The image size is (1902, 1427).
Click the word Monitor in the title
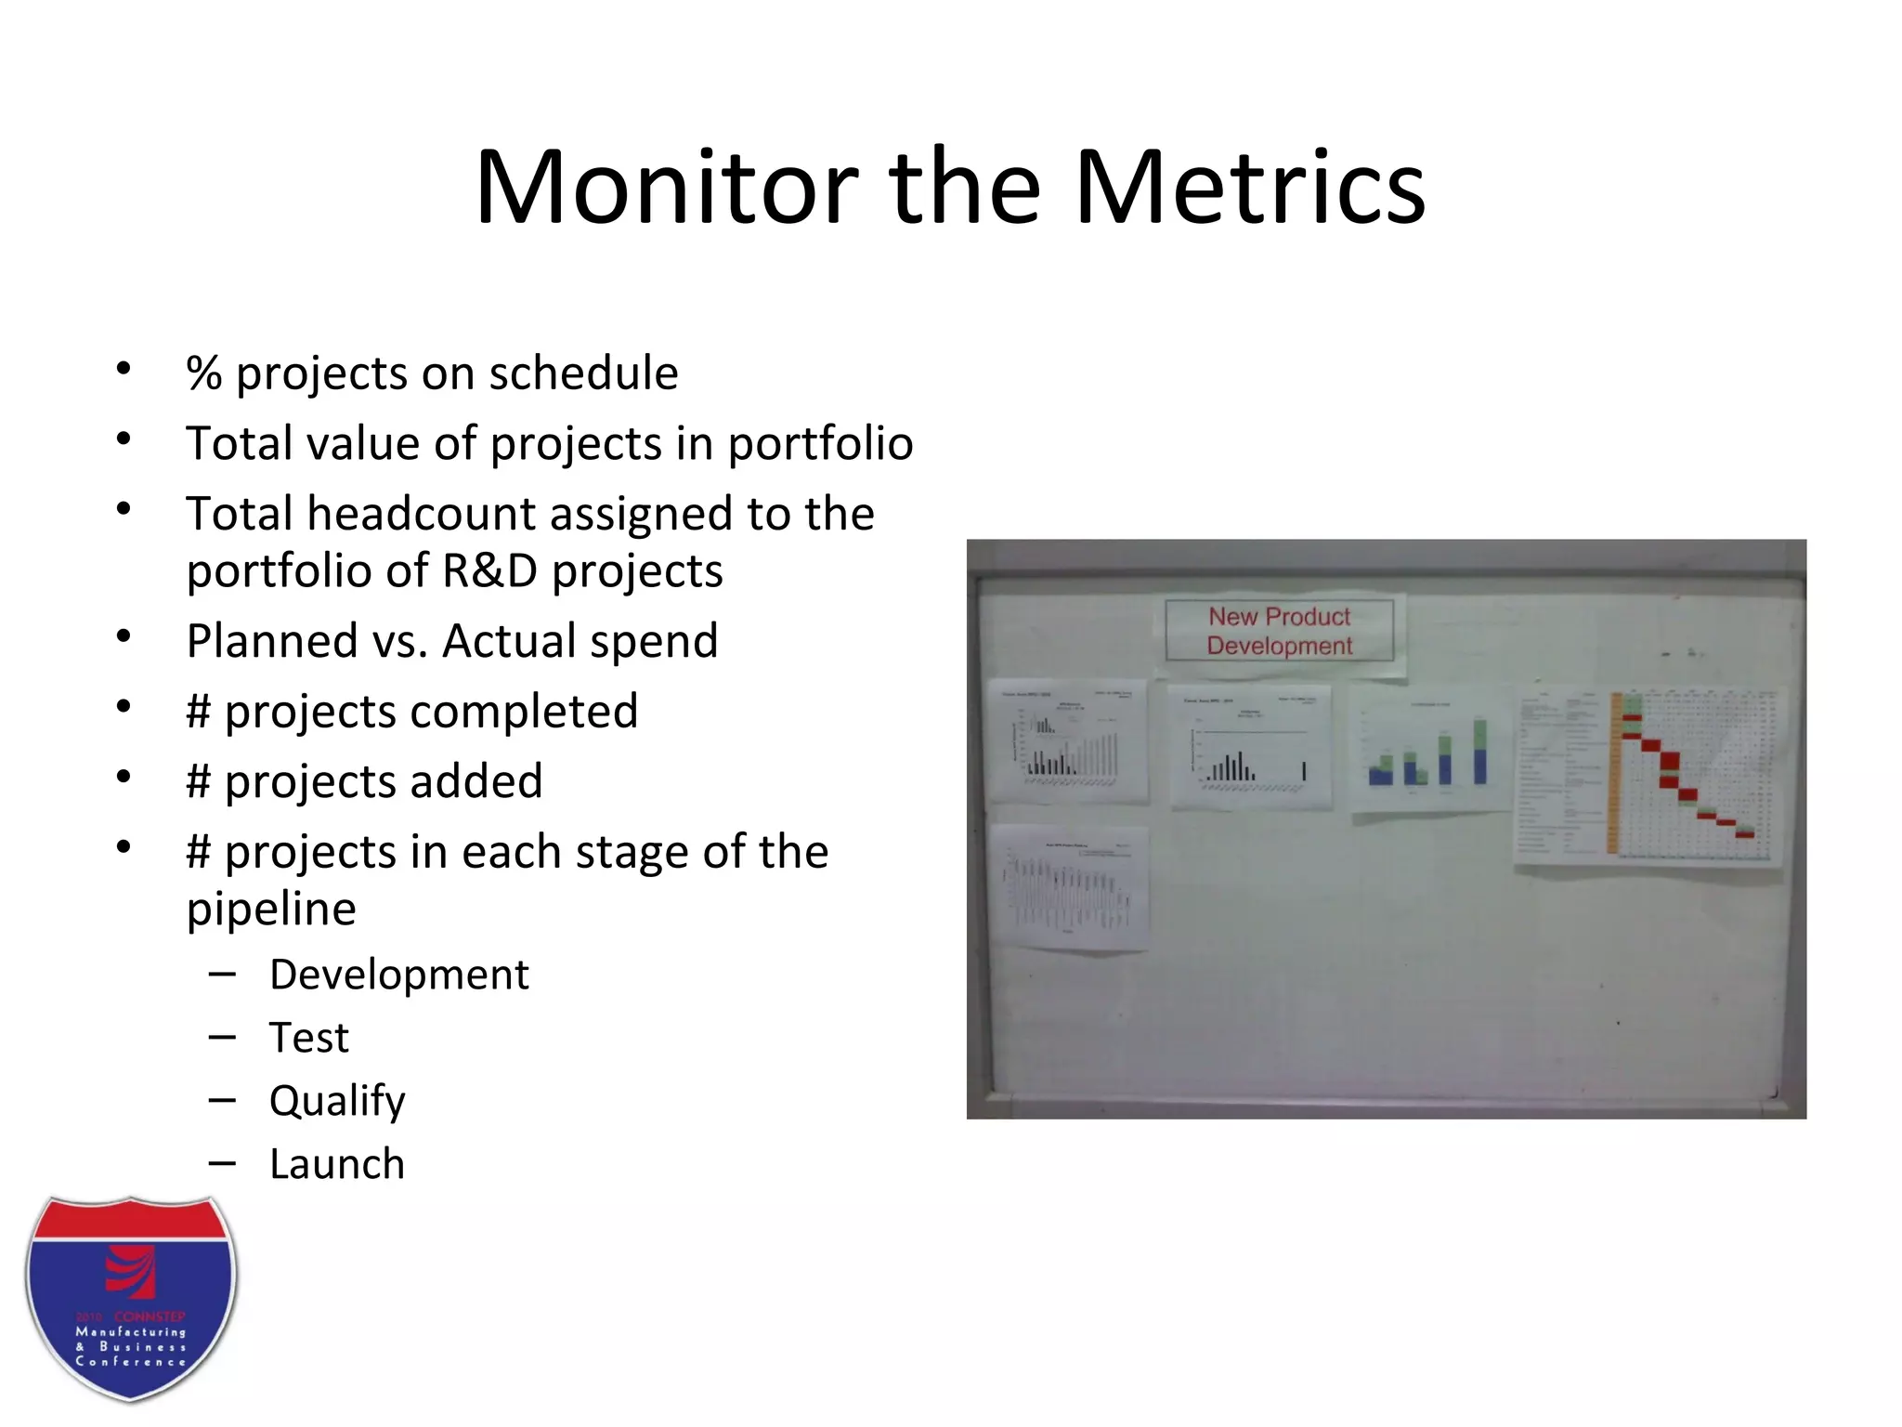(x=666, y=188)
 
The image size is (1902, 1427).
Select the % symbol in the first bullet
(x=203, y=373)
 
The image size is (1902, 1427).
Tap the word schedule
(x=583, y=373)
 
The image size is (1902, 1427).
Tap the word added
(x=476, y=781)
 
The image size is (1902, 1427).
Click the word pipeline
(x=271, y=909)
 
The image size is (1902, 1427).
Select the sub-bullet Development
(x=398, y=975)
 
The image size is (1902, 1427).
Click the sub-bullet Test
(x=308, y=1038)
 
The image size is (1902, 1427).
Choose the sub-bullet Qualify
(x=337, y=1101)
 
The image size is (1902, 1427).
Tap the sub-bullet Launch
(x=337, y=1164)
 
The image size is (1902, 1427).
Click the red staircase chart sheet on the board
(x=1648, y=776)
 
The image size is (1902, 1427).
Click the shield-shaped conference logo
(x=131, y=1299)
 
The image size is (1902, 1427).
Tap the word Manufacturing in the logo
(x=131, y=1331)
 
